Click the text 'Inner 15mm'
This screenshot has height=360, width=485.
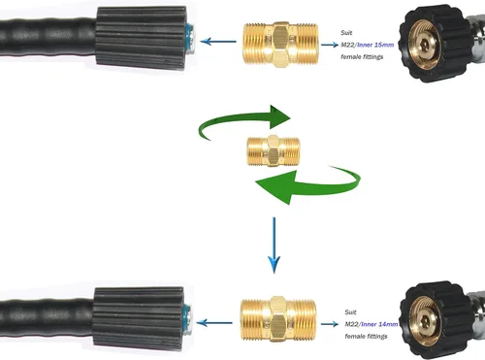375,45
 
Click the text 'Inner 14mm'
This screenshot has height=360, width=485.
379,324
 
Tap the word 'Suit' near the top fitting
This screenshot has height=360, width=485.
346,33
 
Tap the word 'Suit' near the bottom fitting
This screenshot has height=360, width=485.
350,312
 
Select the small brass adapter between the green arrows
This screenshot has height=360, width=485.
274,151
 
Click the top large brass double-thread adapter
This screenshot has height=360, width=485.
280,45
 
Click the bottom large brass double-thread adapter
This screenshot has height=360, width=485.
277,319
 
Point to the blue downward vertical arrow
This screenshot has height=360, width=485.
275,245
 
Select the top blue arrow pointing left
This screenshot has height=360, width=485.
218,42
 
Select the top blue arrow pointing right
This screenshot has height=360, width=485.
330,45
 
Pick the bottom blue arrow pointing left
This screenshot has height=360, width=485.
214,322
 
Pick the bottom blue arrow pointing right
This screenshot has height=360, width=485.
330,324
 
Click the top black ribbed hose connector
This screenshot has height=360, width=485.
142,38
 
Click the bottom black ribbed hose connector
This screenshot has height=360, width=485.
139,317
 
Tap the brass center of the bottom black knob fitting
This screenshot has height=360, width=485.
425,321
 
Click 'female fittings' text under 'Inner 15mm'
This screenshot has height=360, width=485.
362,57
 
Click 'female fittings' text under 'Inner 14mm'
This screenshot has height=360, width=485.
366,337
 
